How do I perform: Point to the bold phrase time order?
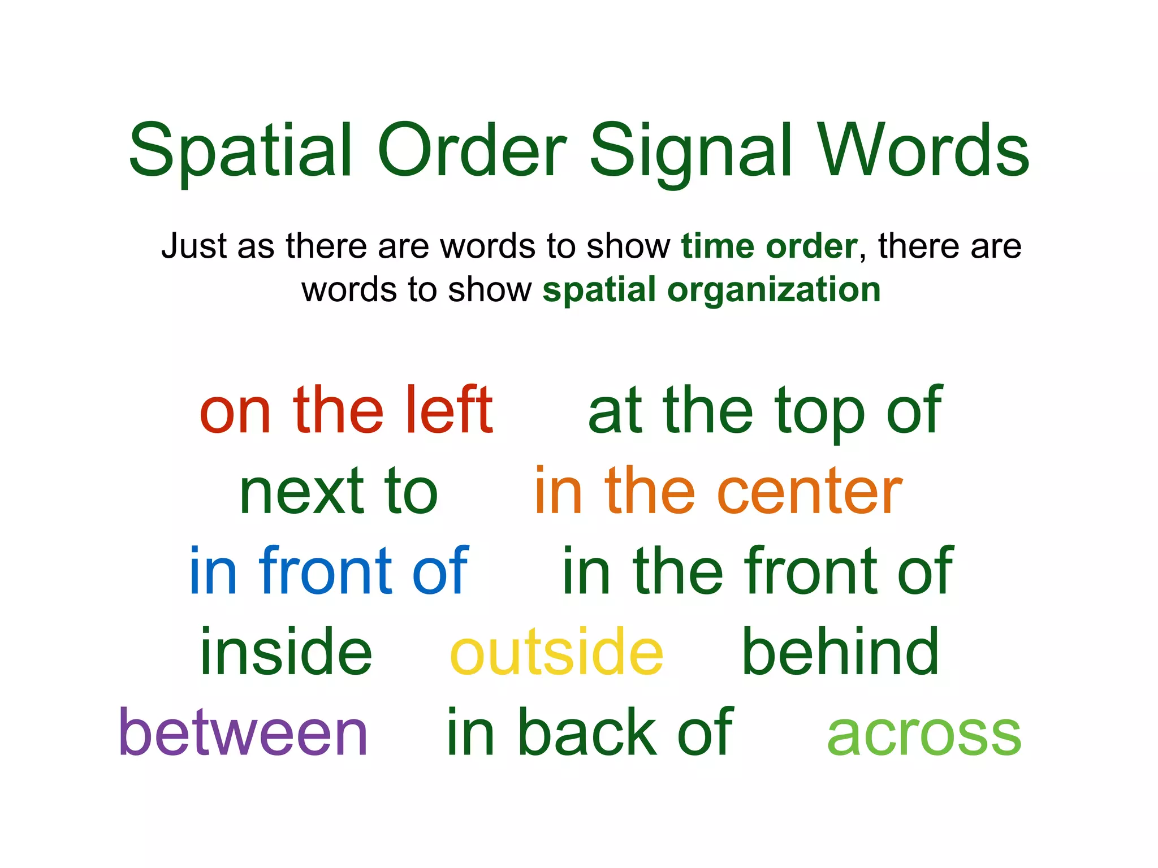(x=769, y=246)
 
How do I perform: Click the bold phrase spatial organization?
(x=711, y=290)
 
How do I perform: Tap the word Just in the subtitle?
(x=194, y=246)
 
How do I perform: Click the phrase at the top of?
(x=764, y=411)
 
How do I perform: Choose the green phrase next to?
(x=338, y=492)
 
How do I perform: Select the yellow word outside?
(x=556, y=653)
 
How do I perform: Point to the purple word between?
(x=243, y=732)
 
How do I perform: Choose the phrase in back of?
(x=590, y=732)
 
